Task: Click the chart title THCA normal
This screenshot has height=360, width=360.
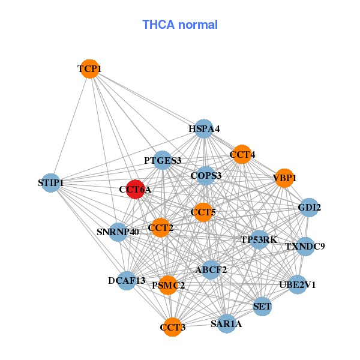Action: [180, 25]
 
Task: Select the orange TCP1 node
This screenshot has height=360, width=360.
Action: [89, 69]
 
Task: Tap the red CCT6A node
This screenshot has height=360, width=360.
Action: [135, 189]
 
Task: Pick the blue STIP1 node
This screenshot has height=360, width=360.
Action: [51, 182]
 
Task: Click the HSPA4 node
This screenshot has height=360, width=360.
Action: [204, 128]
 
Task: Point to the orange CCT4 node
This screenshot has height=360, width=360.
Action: [242, 154]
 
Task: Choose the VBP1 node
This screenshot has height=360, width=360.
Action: [284, 178]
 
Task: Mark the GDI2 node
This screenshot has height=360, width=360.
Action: [308, 208]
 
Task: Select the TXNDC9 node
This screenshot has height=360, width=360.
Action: [305, 246]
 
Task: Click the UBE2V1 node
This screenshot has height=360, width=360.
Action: [298, 284]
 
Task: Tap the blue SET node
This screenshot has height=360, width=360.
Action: [262, 307]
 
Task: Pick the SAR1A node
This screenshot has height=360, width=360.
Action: [226, 324]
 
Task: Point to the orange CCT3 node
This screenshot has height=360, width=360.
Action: [173, 327]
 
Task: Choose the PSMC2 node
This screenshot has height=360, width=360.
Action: [169, 285]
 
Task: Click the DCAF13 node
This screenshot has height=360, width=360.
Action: [127, 280]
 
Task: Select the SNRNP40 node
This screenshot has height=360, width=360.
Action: [118, 232]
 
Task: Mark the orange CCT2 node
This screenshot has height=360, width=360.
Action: [160, 227]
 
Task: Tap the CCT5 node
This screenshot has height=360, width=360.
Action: [203, 212]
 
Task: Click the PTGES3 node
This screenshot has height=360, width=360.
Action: [163, 160]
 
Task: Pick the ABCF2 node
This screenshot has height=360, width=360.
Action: [211, 269]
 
